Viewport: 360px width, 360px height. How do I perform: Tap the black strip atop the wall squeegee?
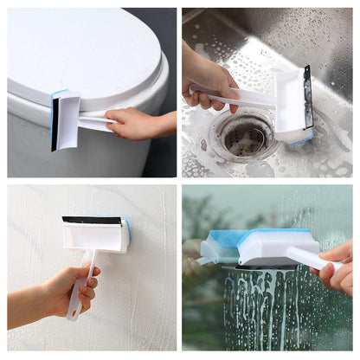[x=90, y=220]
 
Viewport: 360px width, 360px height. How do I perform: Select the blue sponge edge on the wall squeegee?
[x=126, y=232]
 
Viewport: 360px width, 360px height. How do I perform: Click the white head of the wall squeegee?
[x=95, y=236]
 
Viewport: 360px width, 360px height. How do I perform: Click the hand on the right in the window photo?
[x=337, y=268]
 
